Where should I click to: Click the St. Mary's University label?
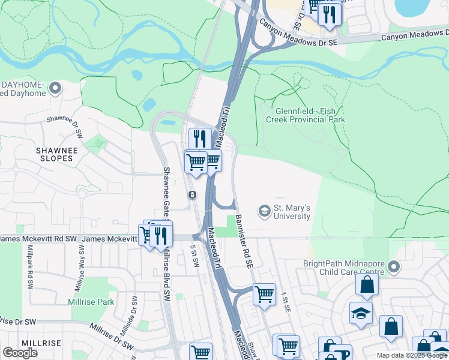click(292, 212)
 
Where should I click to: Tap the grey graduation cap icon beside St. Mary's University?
click(264, 211)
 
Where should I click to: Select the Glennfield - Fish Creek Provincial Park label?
click(310, 115)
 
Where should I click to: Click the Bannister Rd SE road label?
click(243, 241)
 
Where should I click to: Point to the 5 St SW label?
click(194, 257)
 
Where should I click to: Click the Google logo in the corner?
click(20, 353)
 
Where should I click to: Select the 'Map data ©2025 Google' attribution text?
click(412, 355)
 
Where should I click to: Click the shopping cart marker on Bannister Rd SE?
click(264, 294)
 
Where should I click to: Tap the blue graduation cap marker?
click(361, 313)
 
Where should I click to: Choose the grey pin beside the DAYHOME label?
click(55, 89)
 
